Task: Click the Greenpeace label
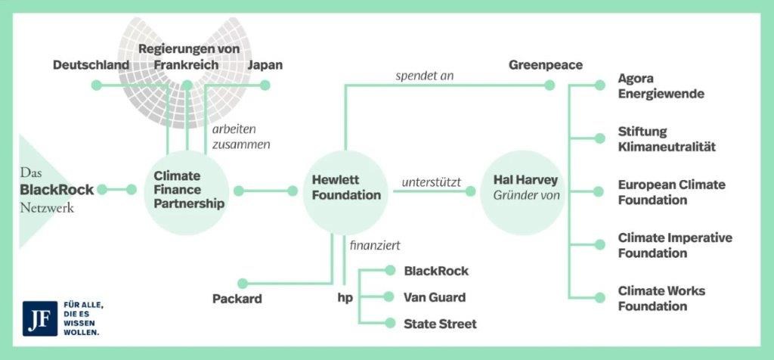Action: (545, 65)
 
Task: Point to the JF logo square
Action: (36, 318)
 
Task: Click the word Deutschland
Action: (91, 65)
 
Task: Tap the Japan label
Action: (265, 65)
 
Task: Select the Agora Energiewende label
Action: (661, 86)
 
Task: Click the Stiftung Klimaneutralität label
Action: (666, 139)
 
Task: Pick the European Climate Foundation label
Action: (671, 192)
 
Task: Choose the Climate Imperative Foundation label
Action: (675, 245)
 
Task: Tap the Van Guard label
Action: (435, 297)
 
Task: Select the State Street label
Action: (440, 324)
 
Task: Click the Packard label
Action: (237, 299)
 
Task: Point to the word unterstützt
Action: (432, 182)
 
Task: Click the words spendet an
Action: (424, 76)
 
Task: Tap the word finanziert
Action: (375, 245)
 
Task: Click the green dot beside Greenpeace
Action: (550, 85)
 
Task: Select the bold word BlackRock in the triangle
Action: (57, 190)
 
